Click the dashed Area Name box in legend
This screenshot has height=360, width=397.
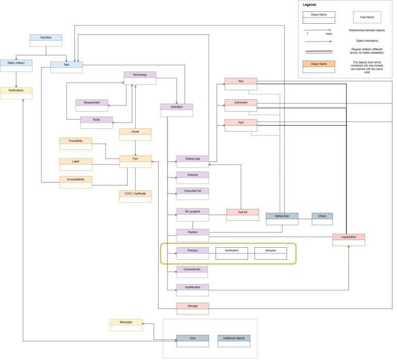pos(367,18)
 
